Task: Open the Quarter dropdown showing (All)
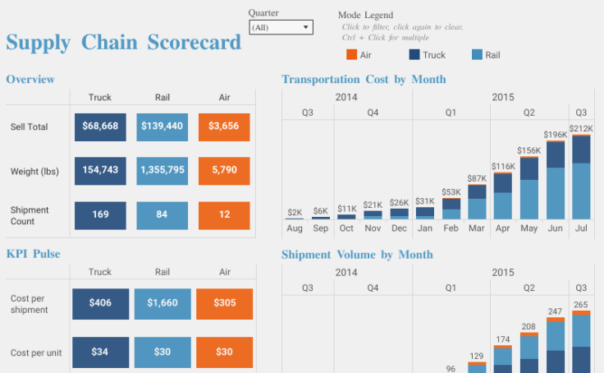click(x=281, y=27)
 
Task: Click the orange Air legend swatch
click(x=351, y=55)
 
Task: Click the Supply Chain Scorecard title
click(x=124, y=43)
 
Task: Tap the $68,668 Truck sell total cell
click(x=100, y=127)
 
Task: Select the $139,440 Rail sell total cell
click(x=162, y=127)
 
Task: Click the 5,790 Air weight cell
click(x=224, y=171)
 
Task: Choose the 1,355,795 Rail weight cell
click(x=162, y=171)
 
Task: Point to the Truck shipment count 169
click(x=100, y=215)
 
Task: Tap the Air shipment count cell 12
click(x=224, y=215)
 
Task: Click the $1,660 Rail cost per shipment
click(x=162, y=303)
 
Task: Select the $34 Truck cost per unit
click(x=100, y=352)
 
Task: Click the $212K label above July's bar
click(x=581, y=129)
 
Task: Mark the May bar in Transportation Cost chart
click(x=528, y=188)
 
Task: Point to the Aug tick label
click(x=294, y=228)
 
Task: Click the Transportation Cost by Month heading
click(x=364, y=80)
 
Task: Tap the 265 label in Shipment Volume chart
click(x=581, y=306)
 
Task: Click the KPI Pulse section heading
click(x=33, y=254)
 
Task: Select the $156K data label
click(x=528, y=150)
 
